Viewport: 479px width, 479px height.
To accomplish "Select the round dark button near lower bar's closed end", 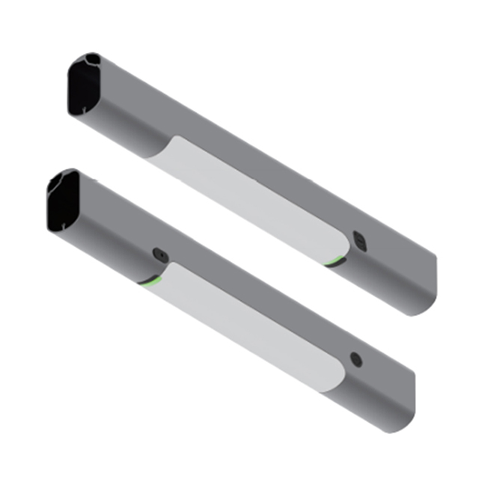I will [x=356, y=360].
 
